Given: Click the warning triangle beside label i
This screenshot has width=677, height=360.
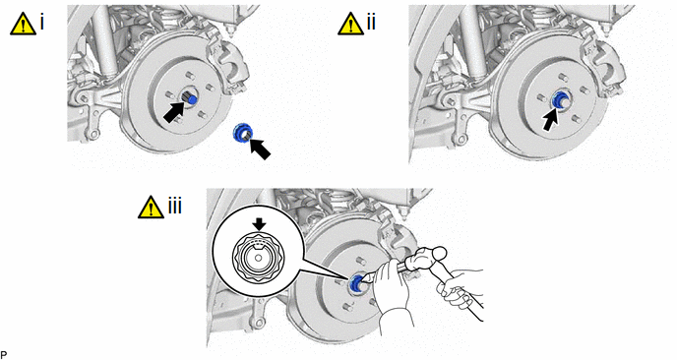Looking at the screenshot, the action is coord(24,24).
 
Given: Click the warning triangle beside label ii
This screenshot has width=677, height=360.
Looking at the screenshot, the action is coord(351,24).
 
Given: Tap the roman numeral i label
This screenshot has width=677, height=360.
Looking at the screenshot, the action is coord(42,22).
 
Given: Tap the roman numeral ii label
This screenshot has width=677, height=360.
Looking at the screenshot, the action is coord(371,22).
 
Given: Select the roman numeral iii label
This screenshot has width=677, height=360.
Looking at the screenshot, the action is coord(175,206).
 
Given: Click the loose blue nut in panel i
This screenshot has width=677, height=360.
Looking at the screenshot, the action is coord(243,132).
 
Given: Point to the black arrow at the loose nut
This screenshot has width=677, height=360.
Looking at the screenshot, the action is coord(261,149).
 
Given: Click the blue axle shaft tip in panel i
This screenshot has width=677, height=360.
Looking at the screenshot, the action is coord(193,100).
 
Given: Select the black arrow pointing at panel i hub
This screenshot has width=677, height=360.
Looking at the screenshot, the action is coord(175,112).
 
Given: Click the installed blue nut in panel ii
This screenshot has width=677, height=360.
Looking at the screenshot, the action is coord(561,100).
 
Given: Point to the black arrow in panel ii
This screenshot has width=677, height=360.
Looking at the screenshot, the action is coord(550,119).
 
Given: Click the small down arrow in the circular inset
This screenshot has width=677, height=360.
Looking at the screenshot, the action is coord(259,223).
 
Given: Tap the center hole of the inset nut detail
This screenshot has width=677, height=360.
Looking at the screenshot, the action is coord(258,258).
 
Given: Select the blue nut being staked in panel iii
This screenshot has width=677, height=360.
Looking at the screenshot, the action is coord(356,284).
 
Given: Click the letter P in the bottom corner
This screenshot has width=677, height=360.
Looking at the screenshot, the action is coord(4,355).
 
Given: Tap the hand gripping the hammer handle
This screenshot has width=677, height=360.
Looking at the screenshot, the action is coord(457,286).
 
